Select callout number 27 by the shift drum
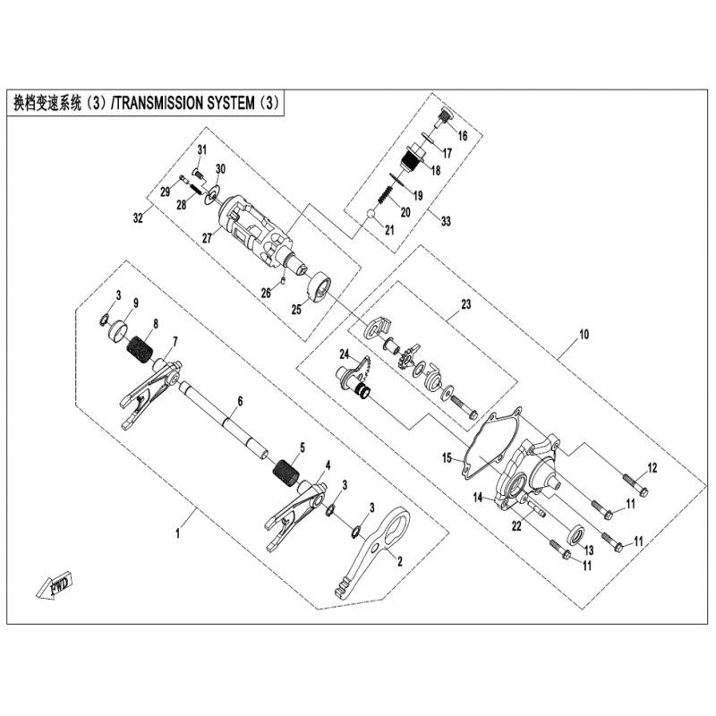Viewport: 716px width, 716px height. [x=208, y=238]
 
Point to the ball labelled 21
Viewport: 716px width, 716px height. [x=371, y=214]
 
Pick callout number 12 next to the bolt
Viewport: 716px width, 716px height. [x=652, y=467]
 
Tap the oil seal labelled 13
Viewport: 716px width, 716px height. [x=576, y=533]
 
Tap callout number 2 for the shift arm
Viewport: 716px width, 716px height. [x=400, y=561]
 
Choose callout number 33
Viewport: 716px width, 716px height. [x=446, y=221]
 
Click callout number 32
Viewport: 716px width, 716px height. [x=138, y=217]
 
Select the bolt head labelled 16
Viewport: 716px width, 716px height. [x=443, y=116]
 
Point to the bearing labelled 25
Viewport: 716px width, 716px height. [x=319, y=288]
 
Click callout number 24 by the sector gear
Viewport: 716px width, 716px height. [x=344, y=354]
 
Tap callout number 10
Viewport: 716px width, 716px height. [x=584, y=335]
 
